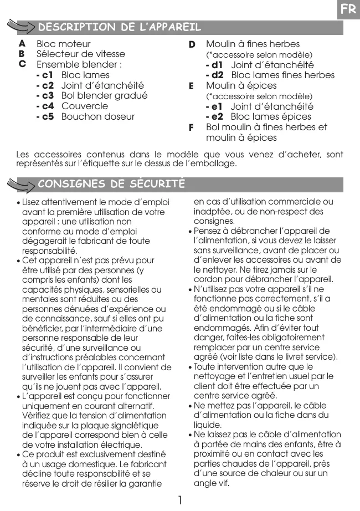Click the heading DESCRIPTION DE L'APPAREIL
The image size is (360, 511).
(x=119, y=27)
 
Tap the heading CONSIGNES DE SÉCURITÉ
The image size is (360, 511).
(x=111, y=183)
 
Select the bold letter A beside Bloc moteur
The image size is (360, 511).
(x=22, y=43)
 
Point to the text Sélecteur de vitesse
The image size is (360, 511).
(x=80, y=54)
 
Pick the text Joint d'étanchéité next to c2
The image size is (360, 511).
(x=102, y=85)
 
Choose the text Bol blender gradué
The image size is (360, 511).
(x=104, y=96)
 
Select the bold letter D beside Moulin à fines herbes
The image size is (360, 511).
(x=192, y=44)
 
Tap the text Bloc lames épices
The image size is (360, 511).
(x=271, y=117)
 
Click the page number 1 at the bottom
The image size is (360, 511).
(x=180, y=500)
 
